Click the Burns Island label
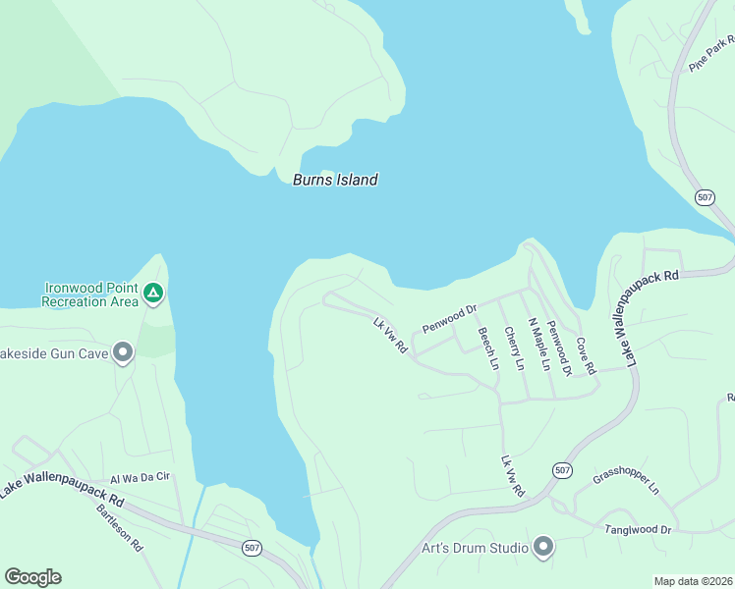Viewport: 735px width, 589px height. (x=335, y=180)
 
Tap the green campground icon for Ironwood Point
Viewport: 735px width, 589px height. (x=152, y=293)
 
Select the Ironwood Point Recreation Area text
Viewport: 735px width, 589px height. (x=90, y=294)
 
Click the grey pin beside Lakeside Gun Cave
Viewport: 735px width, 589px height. (x=123, y=351)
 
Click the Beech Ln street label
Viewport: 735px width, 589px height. (x=487, y=348)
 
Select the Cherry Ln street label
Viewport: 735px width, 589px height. (x=513, y=348)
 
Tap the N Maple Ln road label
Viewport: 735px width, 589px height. (x=538, y=345)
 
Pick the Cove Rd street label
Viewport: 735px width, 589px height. (x=586, y=356)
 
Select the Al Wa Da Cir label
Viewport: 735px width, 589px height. (x=141, y=478)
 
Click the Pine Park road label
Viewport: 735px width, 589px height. (x=712, y=52)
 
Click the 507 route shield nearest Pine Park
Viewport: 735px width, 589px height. (x=705, y=197)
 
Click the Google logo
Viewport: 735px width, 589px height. (x=32, y=576)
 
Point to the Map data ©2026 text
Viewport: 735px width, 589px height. (x=693, y=581)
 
